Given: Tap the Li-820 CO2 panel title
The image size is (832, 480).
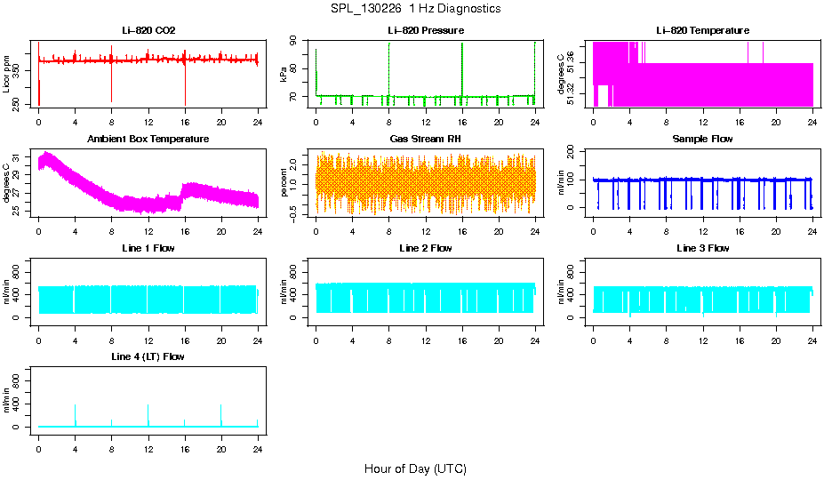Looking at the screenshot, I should coord(148,31).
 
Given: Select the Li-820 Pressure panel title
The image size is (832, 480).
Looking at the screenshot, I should coord(426,31).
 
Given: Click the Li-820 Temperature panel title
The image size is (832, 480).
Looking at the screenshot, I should coord(702,31).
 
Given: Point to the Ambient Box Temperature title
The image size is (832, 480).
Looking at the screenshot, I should coord(148,140).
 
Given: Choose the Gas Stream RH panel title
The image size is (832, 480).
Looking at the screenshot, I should coord(426,140).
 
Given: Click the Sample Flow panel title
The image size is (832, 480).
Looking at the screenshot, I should coord(702,140).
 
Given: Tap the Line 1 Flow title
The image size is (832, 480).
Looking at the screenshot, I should coord(148,248).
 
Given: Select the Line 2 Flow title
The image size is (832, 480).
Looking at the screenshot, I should coord(426,248).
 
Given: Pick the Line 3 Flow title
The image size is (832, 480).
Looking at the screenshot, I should coord(702,248).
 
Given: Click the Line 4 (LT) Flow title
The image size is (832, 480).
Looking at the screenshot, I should coord(148,356).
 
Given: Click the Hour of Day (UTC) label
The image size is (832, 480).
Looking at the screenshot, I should coord(415,468).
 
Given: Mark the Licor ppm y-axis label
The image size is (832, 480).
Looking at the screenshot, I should coord(7,74).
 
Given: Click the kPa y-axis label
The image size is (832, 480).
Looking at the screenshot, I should coord(284,74).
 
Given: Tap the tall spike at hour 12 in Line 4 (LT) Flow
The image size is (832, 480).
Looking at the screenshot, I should coord(148,406).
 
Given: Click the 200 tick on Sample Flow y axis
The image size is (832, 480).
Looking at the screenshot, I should coord(579,150).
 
